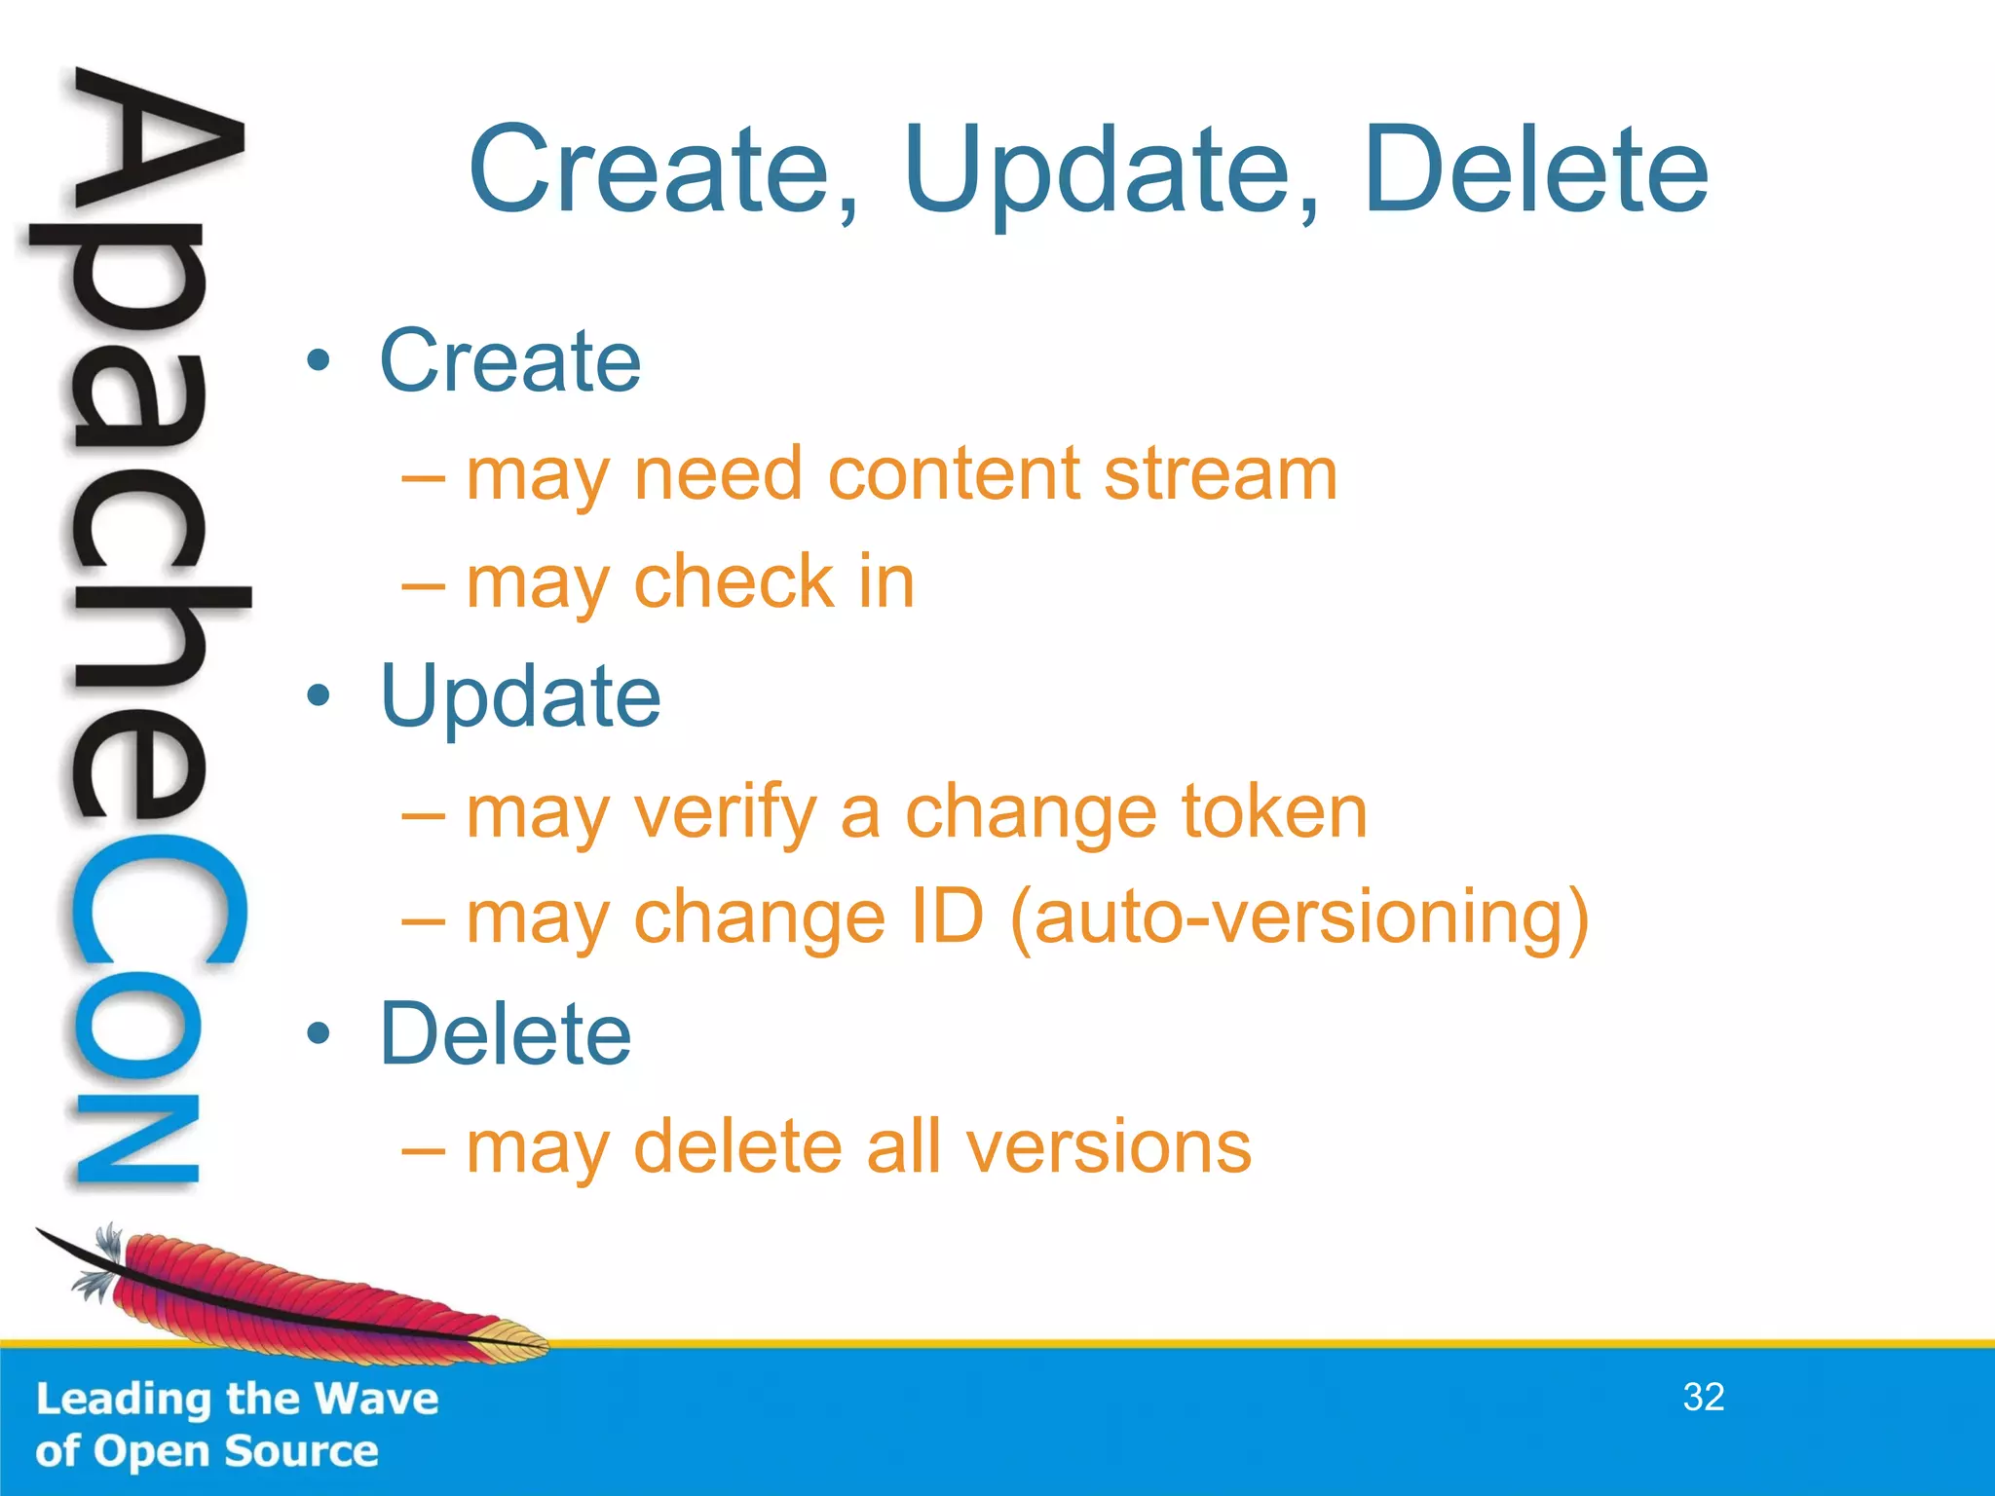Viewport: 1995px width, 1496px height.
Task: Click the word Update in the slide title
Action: coord(1110,173)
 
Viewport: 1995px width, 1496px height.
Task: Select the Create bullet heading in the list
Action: coord(509,361)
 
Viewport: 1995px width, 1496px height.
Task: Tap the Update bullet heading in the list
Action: coord(520,697)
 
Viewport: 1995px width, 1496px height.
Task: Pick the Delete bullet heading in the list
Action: coord(505,1034)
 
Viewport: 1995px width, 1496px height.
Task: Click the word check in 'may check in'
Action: coord(734,582)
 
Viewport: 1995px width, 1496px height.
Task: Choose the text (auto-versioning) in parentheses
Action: coord(1299,919)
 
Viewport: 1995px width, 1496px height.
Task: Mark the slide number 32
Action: coord(1704,1398)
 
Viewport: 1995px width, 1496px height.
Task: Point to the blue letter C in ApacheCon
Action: coord(156,901)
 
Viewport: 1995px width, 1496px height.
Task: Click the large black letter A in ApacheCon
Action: coord(156,146)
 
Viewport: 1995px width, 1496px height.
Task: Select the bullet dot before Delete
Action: coord(318,1034)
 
